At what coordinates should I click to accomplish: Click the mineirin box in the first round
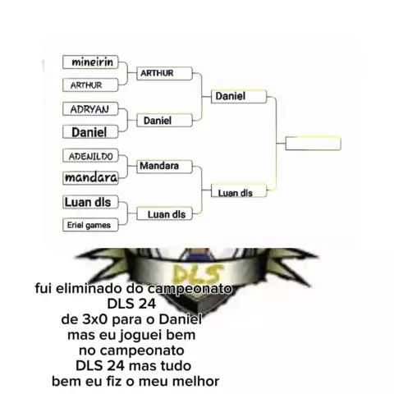coord(90,62)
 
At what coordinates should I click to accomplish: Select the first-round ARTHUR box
coord(90,85)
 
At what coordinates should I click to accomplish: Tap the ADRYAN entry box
coord(90,109)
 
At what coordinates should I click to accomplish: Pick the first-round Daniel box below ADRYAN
coord(90,132)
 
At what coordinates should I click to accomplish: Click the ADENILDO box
coord(90,156)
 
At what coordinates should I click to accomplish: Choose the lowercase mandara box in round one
coord(90,178)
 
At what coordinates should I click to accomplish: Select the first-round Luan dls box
coord(90,202)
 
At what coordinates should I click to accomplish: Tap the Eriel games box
coord(90,225)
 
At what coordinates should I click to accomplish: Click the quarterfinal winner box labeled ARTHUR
coord(164,73)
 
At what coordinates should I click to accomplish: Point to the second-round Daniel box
coord(164,121)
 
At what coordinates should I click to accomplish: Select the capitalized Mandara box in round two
coord(164,167)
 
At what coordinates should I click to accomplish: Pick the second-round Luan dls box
coord(164,213)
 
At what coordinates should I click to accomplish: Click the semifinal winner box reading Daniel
coord(239,96)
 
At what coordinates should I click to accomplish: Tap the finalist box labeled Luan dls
coord(239,190)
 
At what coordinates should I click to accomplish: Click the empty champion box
coord(314,144)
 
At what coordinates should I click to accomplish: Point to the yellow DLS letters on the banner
coord(198,273)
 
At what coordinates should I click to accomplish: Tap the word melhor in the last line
coord(196,382)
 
